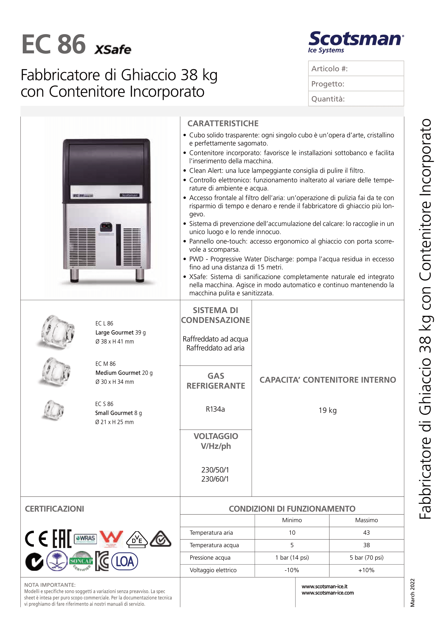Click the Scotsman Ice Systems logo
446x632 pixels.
coord(356,42)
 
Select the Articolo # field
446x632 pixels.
coord(356,69)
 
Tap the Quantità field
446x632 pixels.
coord(356,99)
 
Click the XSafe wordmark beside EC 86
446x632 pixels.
coord(113,50)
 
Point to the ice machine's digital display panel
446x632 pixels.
coord(106,226)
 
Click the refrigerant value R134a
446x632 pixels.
coord(215,409)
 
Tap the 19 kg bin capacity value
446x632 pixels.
coord(327,410)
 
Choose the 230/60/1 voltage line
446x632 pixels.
coord(215,479)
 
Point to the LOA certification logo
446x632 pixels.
coord(124,561)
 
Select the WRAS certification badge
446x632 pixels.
coord(86,539)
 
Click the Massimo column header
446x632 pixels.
coord(366,520)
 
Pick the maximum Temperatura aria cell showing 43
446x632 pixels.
coord(366,533)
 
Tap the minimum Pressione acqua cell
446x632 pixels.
coord(292,558)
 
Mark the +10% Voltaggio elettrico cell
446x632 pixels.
coord(366,570)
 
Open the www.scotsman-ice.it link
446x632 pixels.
coord(324,586)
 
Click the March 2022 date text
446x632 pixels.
coord(412,593)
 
